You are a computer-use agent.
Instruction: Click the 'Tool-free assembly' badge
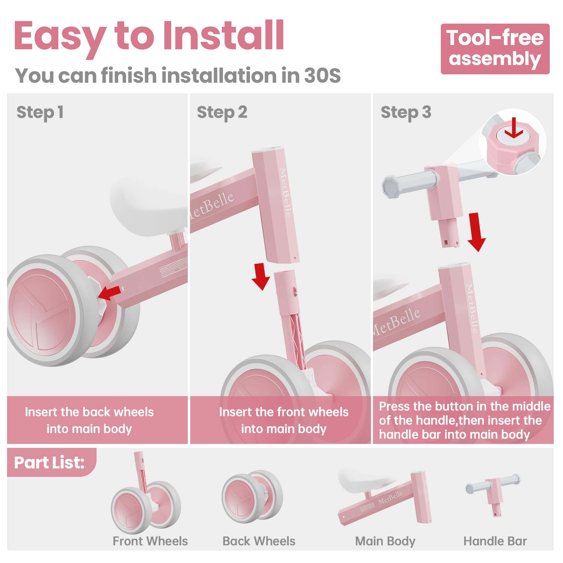point(495,49)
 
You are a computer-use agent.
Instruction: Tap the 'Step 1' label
point(40,113)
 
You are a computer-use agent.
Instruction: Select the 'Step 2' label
point(222,113)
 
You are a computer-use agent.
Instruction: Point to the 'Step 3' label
point(406,113)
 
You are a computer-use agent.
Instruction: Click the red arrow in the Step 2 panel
point(261,276)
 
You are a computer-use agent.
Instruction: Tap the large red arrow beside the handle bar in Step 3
point(477,232)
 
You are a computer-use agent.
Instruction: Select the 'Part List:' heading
point(49,463)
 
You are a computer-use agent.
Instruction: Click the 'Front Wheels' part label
point(150,541)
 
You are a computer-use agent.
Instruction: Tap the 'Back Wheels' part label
point(259,541)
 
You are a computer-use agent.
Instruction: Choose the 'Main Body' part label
point(385,541)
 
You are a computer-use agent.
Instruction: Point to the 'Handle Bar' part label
point(495,541)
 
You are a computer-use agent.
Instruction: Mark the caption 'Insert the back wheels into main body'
point(89,420)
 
